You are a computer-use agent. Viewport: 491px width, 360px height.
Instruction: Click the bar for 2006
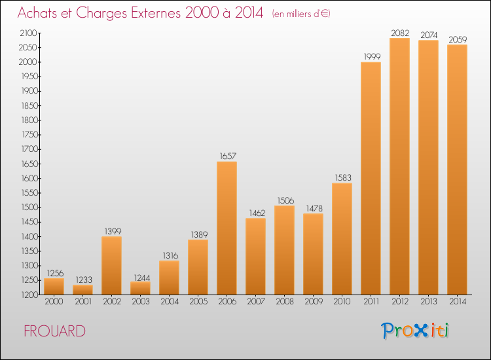pyautogui.click(x=227, y=228)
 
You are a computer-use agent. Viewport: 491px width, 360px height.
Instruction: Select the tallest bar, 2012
pyautogui.click(x=399, y=166)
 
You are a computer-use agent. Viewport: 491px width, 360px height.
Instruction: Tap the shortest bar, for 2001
pyautogui.click(x=82, y=290)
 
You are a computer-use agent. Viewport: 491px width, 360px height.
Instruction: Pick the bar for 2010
pyautogui.click(x=342, y=239)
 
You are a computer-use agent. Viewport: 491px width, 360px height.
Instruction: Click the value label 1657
pyautogui.click(x=228, y=156)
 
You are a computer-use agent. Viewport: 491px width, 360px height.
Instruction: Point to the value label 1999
pyautogui.click(x=372, y=56)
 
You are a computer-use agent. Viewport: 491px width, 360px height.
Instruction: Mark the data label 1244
pyautogui.click(x=142, y=278)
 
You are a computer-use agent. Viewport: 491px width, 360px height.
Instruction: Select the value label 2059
pyautogui.click(x=458, y=39)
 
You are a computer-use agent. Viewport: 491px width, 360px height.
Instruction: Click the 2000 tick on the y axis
pyautogui.click(x=27, y=62)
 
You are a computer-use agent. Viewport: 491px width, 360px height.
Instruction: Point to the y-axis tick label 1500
pyautogui.click(x=29, y=207)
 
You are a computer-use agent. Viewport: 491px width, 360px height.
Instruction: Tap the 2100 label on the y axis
pyautogui.click(x=29, y=33)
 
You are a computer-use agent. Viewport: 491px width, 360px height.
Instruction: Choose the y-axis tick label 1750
pyautogui.click(x=29, y=135)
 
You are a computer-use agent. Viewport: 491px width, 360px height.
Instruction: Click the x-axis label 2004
pyautogui.click(x=170, y=301)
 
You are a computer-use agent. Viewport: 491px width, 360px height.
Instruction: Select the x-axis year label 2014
pyautogui.click(x=458, y=301)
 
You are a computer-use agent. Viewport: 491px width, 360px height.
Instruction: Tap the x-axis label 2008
pyautogui.click(x=285, y=301)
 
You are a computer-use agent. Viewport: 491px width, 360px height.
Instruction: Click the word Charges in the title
pyautogui.click(x=101, y=13)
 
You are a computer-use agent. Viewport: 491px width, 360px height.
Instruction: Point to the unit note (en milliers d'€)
pyautogui.click(x=301, y=14)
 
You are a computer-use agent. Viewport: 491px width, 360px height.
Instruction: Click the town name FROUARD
pyautogui.click(x=54, y=331)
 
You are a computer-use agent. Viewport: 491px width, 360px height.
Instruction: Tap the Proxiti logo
pyautogui.click(x=415, y=331)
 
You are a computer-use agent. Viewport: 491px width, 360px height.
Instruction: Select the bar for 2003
pyautogui.click(x=140, y=288)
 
